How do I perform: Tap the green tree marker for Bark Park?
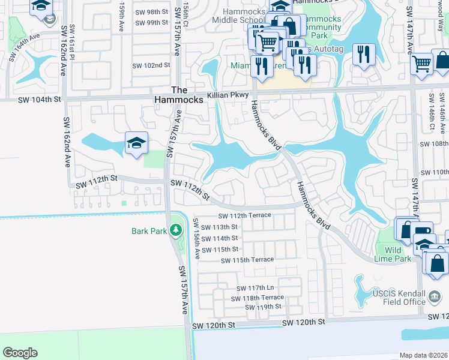pos(175,230)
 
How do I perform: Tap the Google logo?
pos(20,353)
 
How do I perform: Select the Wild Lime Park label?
pos(397,254)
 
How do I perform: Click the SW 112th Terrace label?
pos(244,215)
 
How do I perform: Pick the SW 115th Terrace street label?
pos(247,260)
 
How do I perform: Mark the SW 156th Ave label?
pos(196,238)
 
